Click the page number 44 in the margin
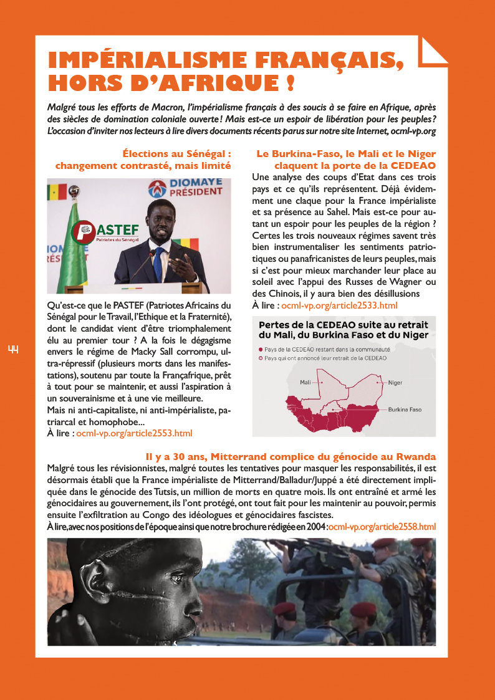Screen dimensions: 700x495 [x=13, y=350]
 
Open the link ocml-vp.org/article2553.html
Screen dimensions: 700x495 [x=134, y=433]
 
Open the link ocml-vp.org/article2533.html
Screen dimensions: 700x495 [x=339, y=306]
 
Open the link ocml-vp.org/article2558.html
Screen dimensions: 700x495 [x=382, y=527]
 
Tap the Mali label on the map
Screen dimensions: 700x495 [x=305, y=381]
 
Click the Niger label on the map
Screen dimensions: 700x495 [x=395, y=382]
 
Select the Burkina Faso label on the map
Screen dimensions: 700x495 [x=405, y=410]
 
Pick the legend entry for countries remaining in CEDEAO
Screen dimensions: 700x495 [x=327, y=349]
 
